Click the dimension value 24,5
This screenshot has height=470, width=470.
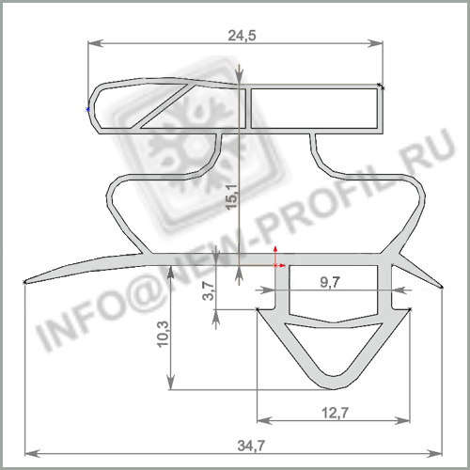(242, 36)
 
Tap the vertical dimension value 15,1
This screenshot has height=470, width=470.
(233, 196)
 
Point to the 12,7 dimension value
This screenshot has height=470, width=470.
(335, 413)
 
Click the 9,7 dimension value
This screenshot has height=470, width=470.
(330, 283)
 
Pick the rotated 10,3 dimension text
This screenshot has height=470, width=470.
(163, 334)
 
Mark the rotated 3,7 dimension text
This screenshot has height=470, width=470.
(208, 291)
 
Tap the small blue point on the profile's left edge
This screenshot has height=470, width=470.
(87, 109)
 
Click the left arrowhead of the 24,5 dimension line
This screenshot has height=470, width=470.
(96, 43)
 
